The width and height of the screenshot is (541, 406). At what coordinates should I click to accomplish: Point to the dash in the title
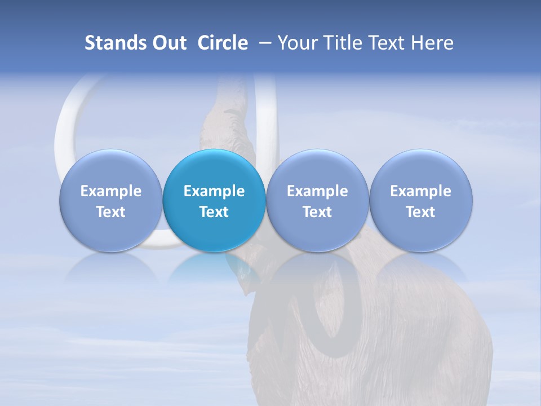click(263, 43)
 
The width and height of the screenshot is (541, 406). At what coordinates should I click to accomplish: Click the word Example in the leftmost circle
click(110, 191)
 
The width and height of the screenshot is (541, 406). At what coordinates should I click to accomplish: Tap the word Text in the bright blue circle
click(214, 212)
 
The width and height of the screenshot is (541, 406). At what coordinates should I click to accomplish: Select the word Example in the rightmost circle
click(420, 191)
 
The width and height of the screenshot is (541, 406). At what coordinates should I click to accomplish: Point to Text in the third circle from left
click(317, 212)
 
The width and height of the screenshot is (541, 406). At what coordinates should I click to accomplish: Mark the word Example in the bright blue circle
click(214, 191)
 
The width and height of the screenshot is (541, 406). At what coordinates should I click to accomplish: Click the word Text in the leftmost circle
click(110, 212)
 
